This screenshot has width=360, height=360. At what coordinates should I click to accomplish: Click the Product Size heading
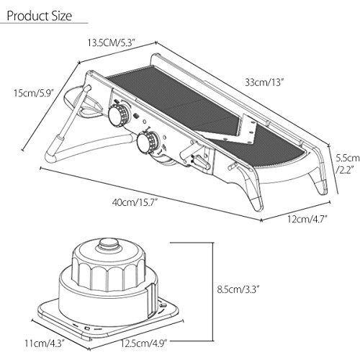coord(40,16)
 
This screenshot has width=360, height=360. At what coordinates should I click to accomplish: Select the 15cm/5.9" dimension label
coord(34,93)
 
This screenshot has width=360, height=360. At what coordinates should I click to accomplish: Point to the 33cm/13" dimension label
coord(264,83)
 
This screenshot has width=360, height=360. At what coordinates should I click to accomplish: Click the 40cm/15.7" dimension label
coord(135,203)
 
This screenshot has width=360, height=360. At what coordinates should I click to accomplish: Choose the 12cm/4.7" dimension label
coord(307,219)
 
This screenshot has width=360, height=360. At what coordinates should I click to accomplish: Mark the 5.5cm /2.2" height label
coord(347,164)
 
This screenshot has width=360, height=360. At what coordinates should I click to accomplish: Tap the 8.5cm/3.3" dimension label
coord(238,289)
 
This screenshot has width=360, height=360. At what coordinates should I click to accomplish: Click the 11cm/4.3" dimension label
coord(44,343)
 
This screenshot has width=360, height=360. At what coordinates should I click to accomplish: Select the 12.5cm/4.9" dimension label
coord(143,343)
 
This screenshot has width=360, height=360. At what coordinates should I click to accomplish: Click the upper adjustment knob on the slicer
coord(119,115)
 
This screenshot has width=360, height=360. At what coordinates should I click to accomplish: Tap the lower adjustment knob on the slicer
coord(147,143)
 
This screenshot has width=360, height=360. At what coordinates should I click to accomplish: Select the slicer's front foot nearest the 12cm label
coord(254,192)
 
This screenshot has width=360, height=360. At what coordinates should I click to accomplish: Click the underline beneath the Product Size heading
coord(44,23)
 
